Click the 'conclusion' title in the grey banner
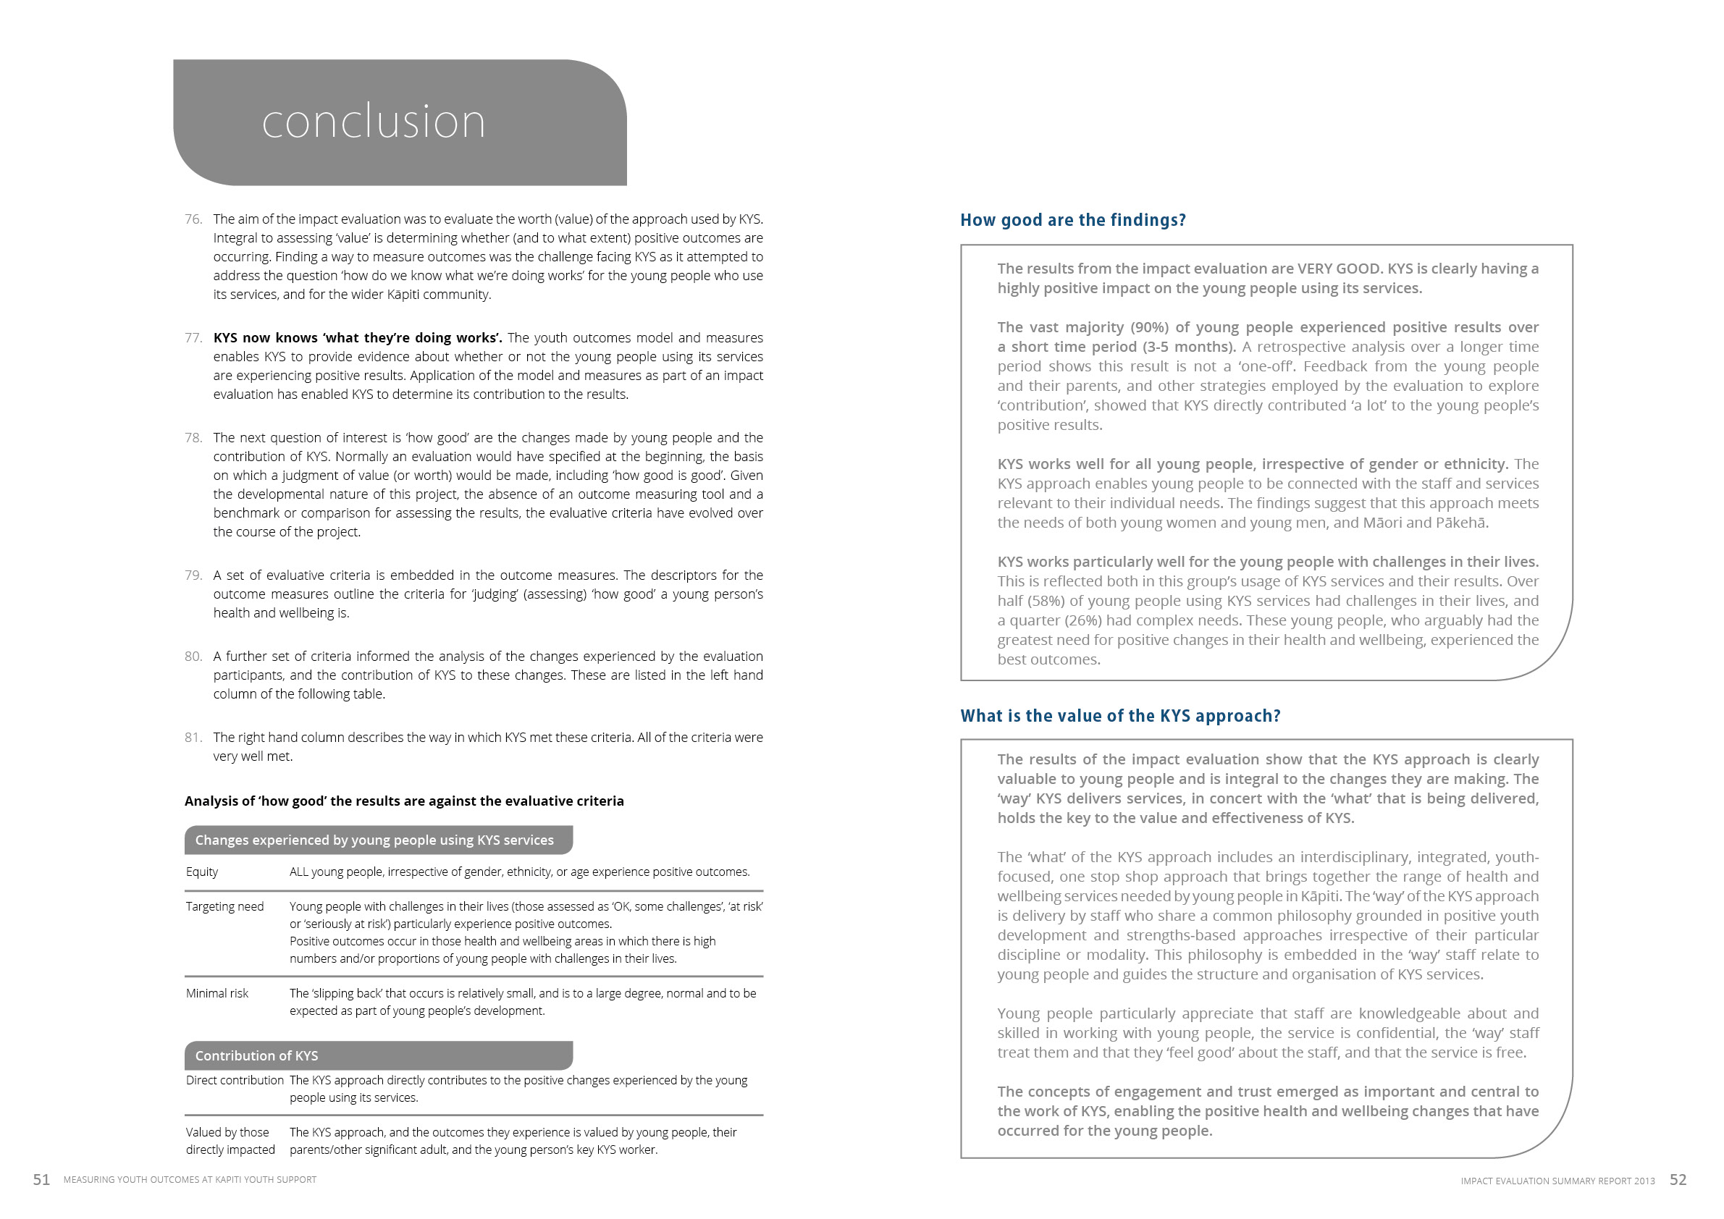point(373,122)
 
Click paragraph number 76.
point(193,219)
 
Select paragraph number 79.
point(193,575)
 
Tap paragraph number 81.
point(193,737)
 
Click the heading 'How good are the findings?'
point(1072,220)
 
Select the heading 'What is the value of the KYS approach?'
point(1119,715)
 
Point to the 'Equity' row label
point(202,872)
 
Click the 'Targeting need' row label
point(224,906)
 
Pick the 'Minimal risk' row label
point(217,993)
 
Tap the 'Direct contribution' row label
point(235,1080)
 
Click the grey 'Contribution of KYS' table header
point(256,1055)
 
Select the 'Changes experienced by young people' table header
point(374,840)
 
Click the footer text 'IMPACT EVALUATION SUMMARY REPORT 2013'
point(1557,1181)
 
